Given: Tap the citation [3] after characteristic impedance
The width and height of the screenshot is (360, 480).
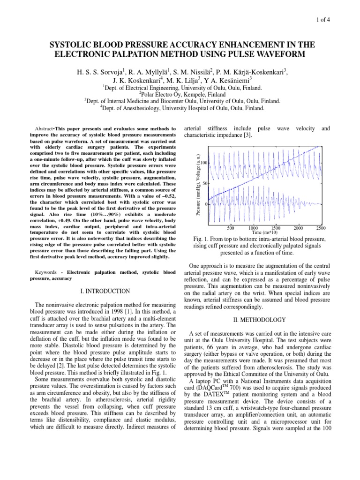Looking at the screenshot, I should click(x=249, y=135).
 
